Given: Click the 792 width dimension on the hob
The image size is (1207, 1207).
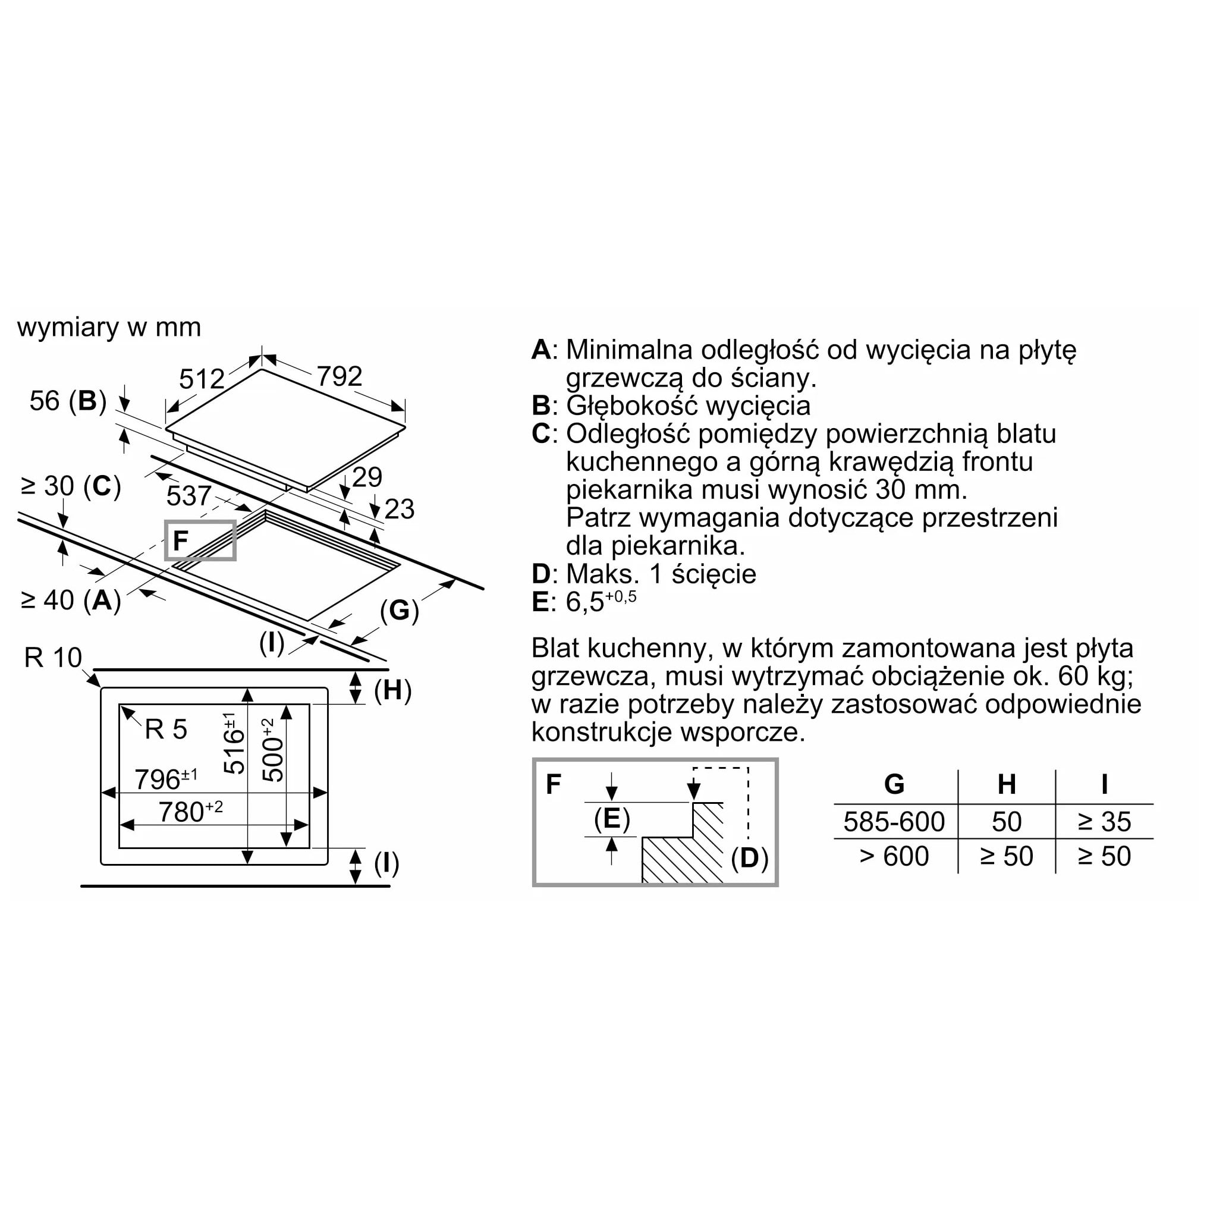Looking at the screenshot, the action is (340, 376).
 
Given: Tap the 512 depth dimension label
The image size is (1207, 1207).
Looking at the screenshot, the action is (201, 379).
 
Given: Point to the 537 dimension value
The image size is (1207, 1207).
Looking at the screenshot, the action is (188, 495).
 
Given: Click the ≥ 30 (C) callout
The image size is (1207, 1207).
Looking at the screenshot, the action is (71, 486).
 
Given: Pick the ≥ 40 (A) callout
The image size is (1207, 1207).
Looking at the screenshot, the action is (71, 601).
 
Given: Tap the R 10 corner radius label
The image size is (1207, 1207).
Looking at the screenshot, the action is (53, 657).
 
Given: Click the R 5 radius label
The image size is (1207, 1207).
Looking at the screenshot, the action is (166, 729).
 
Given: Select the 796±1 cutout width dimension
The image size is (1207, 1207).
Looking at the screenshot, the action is (166, 778).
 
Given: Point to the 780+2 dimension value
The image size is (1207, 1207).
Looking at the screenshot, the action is (190, 811).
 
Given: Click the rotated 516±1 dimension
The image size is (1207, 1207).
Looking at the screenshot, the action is (234, 743).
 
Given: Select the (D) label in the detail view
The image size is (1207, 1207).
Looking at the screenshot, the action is (749, 858).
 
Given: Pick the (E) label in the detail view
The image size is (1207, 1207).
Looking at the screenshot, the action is (612, 818).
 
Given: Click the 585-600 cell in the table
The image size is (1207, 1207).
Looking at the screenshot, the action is (894, 822).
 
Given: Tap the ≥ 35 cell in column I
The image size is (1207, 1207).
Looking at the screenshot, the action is (1105, 822).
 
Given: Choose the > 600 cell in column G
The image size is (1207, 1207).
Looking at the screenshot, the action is (894, 856).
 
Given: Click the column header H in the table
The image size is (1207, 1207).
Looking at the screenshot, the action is (1007, 784).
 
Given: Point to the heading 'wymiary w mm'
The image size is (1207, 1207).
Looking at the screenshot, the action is (109, 328).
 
